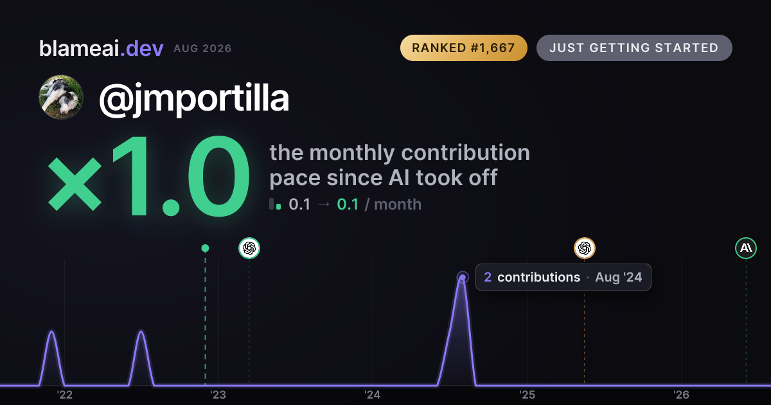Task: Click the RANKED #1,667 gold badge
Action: point(464,48)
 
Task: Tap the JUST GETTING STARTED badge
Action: point(634,48)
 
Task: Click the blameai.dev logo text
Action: point(102,48)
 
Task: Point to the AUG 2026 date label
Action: point(202,49)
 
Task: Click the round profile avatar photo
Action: point(61,98)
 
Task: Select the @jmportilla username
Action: point(194,99)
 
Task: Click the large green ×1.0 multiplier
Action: point(148,175)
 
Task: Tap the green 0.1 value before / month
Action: point(348,204)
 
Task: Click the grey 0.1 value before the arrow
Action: point(299,204)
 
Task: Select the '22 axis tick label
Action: point(65,395)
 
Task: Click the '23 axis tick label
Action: point(218,395)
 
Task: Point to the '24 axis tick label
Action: point(373,395)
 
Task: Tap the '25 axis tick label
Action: point(527,395)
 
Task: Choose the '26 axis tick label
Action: point(681,395)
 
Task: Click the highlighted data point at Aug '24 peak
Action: point(463,278)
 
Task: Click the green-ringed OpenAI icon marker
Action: point(249,248)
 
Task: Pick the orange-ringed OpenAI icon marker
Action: point(585,248)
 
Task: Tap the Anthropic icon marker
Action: point(746,248)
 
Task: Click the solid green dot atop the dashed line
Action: point(205,248)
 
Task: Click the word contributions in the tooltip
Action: point(538,277)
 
